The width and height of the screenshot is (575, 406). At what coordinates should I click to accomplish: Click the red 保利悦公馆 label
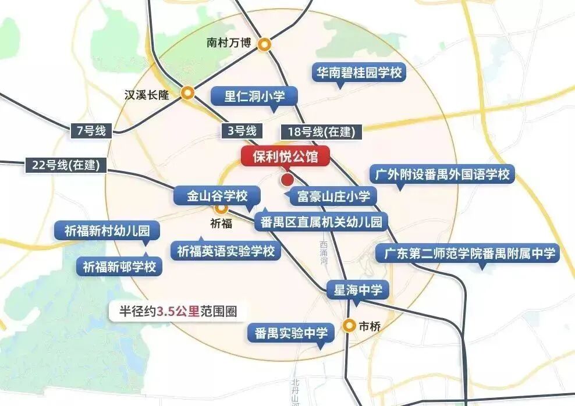[285, 156]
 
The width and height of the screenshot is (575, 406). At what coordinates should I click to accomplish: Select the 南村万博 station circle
[265, 44]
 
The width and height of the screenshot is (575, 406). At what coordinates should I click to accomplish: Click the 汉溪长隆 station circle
[187, 93]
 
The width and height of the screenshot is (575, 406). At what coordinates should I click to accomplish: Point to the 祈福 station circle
[221, 208]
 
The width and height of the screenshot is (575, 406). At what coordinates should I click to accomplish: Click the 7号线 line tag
[91, 131]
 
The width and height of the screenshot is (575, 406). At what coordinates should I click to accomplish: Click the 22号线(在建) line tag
[62, 165]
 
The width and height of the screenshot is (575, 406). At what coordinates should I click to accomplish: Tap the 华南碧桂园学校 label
[359, 73]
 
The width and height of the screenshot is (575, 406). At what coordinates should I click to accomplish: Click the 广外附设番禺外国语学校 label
[443, 174]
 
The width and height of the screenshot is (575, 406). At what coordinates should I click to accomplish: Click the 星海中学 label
[358, 290]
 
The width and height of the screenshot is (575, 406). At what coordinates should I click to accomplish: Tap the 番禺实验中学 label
[291, 333]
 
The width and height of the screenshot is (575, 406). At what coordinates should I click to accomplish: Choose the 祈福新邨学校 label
[119, 267]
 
